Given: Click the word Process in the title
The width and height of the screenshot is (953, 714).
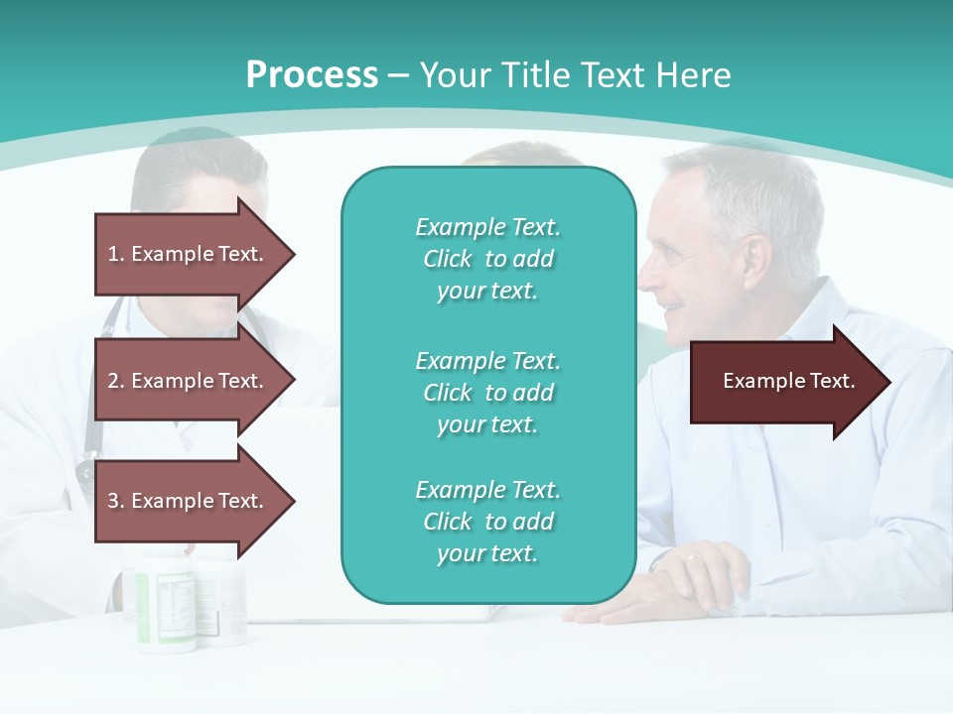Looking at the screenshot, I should pyautogui.click(x=312, y=74).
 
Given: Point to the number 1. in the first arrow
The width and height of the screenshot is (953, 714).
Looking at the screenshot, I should pyautogui.click(x=116, y=254).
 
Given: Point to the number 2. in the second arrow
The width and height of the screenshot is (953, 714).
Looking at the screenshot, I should pyautogui.click(x=116, y=381).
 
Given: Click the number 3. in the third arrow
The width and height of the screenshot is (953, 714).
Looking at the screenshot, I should pyautogui.click(x=116, y=501).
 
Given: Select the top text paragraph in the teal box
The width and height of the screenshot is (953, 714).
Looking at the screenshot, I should pyautogui.click(x=487, y=259).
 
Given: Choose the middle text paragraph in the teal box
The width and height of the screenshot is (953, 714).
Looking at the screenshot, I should pyautogui.click(x=487, y=392).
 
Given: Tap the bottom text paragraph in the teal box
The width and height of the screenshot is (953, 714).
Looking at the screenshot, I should pyautogui.click(x=487, y=522).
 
